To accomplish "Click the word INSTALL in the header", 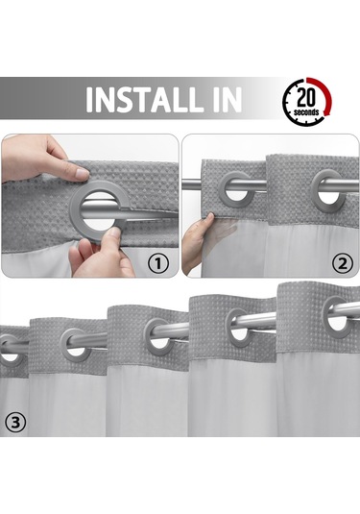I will [149, 100].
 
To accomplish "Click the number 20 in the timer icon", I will [307, 95].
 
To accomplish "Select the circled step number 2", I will [341, 260].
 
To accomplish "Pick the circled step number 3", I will [15, 421].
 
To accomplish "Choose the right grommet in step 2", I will [326, 186].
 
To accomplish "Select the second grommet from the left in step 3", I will [78, 344].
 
